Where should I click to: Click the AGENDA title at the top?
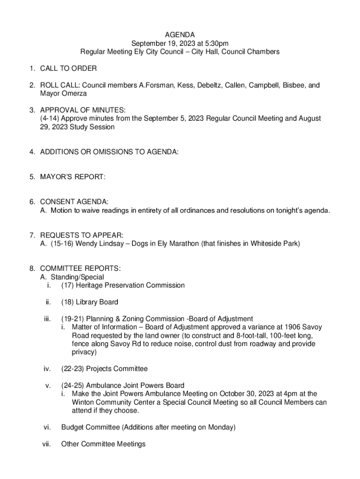coord(180,35)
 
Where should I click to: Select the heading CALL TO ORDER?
coord(68,69)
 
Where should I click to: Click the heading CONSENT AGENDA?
coord(74,202)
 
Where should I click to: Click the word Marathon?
coord(182,244)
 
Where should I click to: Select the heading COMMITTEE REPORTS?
coord(80,269)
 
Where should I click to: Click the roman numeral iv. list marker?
coord(47,369)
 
